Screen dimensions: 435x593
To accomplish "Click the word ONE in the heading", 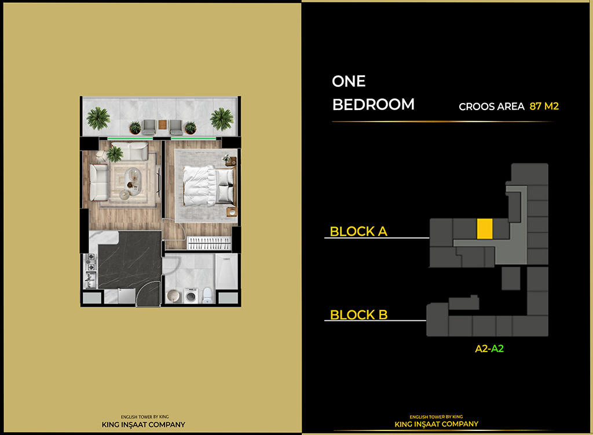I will pyautogui.click(x=349, y=82).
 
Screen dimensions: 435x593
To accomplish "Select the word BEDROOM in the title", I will pyautogui.click(x=373, y=104).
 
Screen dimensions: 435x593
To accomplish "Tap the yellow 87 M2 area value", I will pyautogui.click(x=544, y=107).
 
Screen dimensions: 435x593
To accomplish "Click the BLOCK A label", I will pyautogui.click(x=358, y=232).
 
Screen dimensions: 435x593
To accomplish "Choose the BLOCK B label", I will pyautogui.click(x=358, y=315).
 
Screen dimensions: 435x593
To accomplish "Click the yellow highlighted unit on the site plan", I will pyautogui.click(x=484, y=228).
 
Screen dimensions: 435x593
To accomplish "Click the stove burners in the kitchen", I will pyautogui.click(x=90, y=265).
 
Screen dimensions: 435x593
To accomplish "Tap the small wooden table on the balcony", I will pyautogui.click(x=163, y=124).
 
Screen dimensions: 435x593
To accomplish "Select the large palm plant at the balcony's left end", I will pyautogui.click(x=98, y=118).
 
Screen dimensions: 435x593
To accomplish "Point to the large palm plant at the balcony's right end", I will pyautogui.click(x=221, y=119).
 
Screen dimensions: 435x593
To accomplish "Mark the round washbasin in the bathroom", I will pyautogui.click(x=172, y=296).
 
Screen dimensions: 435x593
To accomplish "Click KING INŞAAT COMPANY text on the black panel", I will pyautogui.click(x=437, y=424).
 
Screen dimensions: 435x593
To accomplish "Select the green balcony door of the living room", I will pyautogui.click(x=130, y=138).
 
